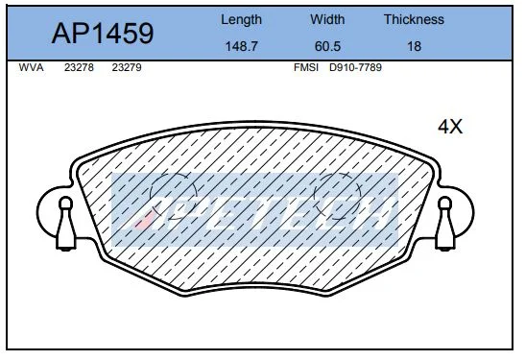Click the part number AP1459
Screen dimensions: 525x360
point(103,34)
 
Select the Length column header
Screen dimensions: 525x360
point(241,20)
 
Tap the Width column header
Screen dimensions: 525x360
point(327,19)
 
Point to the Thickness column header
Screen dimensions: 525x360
point(414,19)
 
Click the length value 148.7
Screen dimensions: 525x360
point(242,46)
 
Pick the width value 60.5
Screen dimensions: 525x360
point(327,46)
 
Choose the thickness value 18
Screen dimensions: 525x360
point(414,46)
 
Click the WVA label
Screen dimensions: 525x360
point(31,67)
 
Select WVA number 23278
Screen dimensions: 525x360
point(79,67)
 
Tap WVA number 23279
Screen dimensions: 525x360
point(127,67)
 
